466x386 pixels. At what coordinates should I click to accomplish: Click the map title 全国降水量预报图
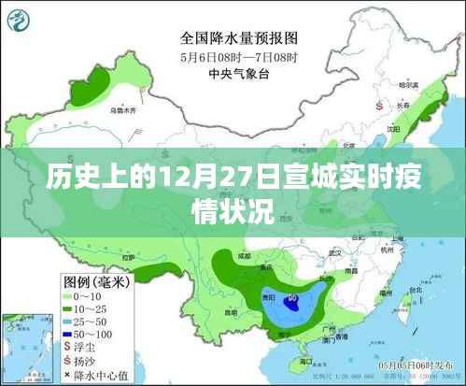239,39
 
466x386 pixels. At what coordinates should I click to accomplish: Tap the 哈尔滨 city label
404,85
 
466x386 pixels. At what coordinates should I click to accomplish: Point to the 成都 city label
246,254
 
